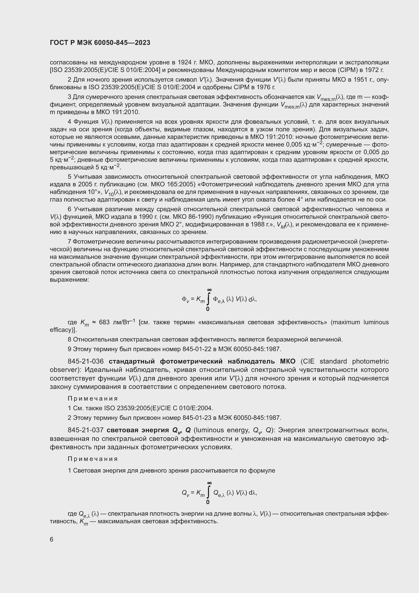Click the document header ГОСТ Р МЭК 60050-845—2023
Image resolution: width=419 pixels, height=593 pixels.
[100, 43]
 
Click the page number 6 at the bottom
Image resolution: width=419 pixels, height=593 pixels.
[52, 540]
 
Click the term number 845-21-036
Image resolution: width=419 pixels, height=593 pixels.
[86, 361]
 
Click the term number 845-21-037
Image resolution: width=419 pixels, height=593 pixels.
[86, 430]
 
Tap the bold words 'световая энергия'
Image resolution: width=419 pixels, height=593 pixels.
[138, 430]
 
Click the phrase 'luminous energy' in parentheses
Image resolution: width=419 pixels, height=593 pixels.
[222, 430]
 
